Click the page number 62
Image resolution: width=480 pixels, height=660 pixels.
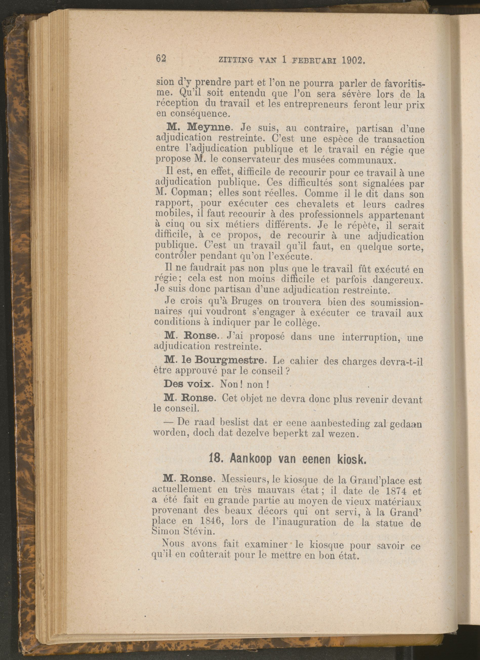(161, 59)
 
